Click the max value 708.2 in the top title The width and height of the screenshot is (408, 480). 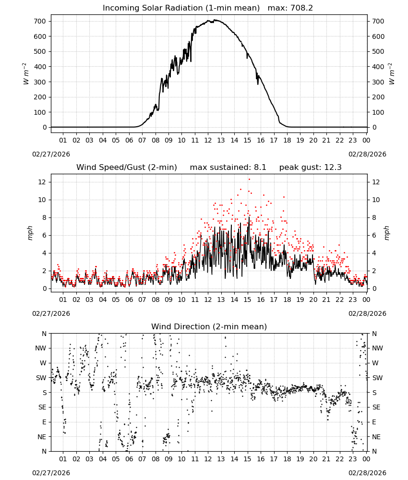301,8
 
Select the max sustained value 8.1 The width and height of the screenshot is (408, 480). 260,167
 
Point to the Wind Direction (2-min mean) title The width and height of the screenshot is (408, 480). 209,326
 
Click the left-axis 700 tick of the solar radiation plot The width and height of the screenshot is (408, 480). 40,21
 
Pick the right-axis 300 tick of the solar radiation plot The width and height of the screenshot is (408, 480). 378,82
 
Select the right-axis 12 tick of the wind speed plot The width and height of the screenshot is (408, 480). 376,182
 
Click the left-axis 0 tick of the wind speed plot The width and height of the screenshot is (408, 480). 45,288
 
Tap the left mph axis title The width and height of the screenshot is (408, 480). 30,233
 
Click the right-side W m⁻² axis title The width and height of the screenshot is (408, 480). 392,74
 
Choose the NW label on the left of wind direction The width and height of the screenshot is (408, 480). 41,348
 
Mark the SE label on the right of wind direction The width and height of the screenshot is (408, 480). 376,407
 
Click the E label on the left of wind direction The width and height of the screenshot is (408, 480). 44,422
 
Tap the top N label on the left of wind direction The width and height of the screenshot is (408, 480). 44,334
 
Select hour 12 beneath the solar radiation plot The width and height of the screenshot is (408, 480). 208,140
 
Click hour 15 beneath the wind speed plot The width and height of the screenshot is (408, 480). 247,300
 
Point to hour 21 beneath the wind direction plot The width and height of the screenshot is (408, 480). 326,458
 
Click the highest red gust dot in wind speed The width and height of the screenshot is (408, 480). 249,180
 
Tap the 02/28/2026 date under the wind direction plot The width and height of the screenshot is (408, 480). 367,473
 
